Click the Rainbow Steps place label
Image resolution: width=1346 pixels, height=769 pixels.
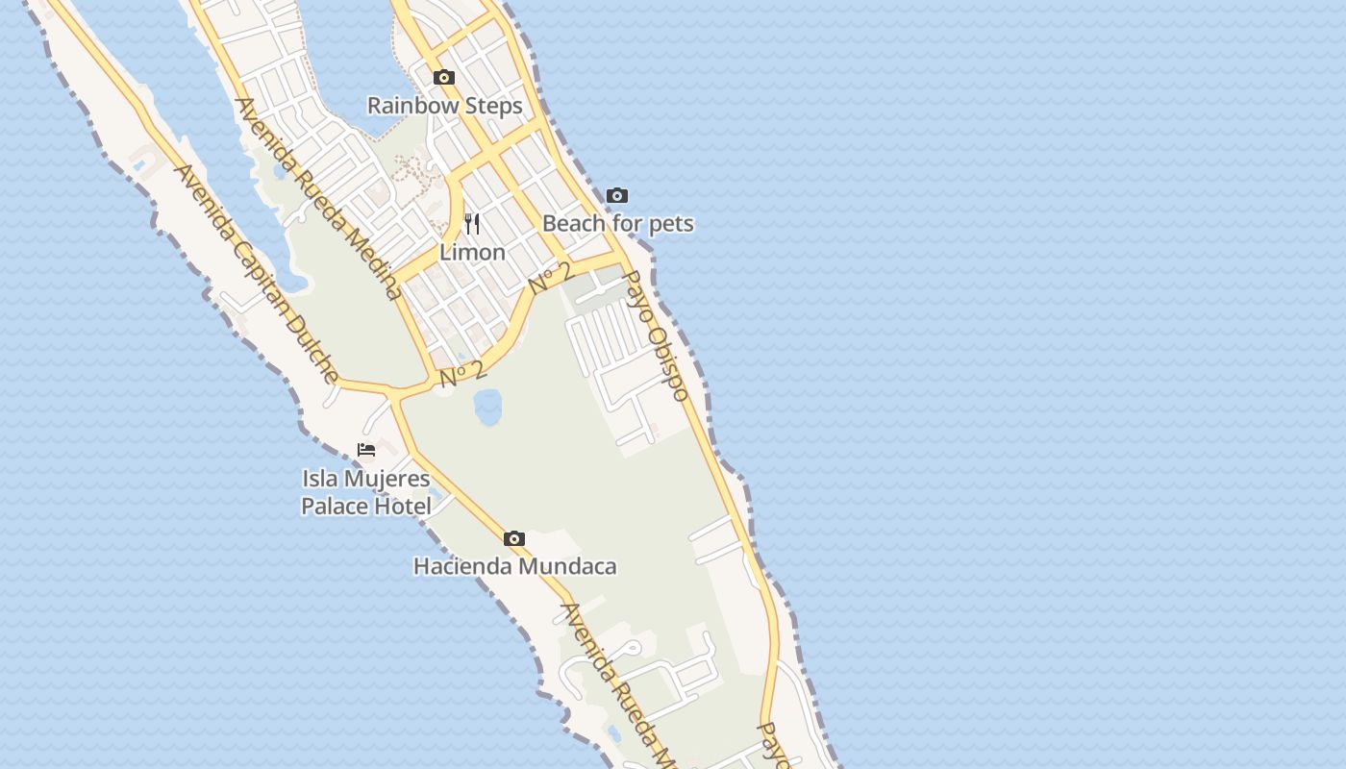pos(444,106)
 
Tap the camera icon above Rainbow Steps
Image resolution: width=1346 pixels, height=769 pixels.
pos(443,78)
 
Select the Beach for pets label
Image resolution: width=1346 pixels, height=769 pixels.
pos(617,224)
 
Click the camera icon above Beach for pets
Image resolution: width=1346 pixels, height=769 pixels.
pos(617,196)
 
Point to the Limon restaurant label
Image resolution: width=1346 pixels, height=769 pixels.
pos(472,253)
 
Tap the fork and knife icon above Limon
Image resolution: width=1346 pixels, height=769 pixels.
pos(472,224)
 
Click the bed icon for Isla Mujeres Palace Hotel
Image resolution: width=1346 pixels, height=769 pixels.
pos(366,450)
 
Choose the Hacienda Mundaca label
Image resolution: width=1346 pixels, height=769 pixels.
pos(514,567)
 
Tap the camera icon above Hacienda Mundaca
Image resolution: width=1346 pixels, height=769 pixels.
pos(514,539)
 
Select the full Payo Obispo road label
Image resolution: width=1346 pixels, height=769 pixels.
pos(657,335)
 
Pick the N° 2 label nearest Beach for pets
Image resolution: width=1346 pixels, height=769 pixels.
pos(551,279)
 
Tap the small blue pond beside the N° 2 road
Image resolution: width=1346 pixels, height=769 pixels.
pos(487,408)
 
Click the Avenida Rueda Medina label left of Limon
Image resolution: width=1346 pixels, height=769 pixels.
pos(318,199)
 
